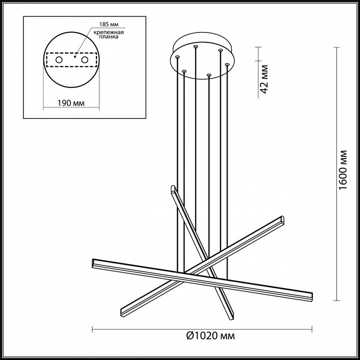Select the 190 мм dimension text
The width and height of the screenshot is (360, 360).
(x=70, y=103)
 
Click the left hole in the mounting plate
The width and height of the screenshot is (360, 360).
(x=59, y=60)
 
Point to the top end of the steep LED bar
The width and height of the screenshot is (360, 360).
(x=173, y=189)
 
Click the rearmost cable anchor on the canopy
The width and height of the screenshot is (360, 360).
(x=195, y=46)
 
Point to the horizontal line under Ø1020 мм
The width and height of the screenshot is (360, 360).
(x=200, y=328)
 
